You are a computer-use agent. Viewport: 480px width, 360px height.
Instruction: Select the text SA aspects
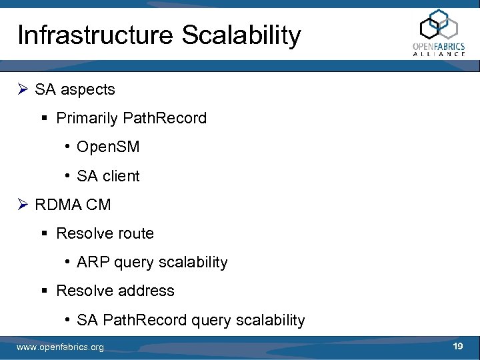pos(75,89)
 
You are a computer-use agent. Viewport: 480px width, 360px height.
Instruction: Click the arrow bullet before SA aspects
pos(23,89)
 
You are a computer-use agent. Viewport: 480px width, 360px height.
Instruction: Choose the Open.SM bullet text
pos(108,147)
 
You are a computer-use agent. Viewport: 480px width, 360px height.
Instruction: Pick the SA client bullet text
pos(108,176)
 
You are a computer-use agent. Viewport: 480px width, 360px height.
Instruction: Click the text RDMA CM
pos(73,205)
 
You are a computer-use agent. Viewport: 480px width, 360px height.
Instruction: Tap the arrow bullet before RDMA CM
pos(23,205)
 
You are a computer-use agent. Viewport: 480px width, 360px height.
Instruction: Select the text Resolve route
pos(105,233)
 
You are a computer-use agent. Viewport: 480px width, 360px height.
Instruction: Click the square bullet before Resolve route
pos(46,234)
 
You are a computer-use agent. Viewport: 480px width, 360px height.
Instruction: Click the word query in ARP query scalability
pos(133,263)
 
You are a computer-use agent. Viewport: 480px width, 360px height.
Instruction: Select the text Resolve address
pos(115,291)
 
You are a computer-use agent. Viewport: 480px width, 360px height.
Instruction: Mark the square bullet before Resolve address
pos(46,291)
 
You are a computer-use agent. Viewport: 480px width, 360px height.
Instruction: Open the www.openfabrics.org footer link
pos(60,347)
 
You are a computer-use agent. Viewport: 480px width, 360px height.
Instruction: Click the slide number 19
pos(457,347)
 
